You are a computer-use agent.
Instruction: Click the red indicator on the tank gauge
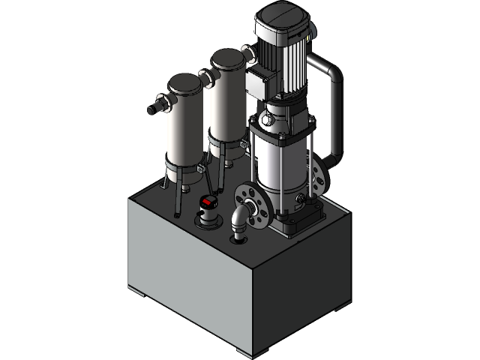(209, 202)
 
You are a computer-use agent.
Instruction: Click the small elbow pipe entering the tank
(238, 223)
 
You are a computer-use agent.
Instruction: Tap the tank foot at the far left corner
(134, 288)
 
